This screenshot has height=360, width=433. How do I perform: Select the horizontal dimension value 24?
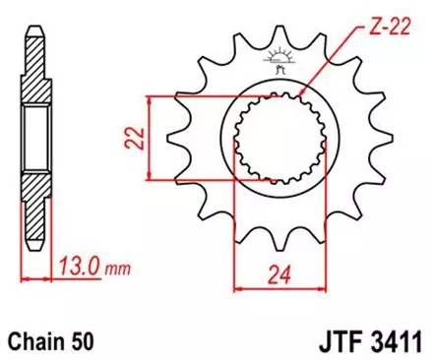[x=278, y=270]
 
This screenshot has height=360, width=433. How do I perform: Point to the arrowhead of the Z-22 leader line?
[x=300, y=98]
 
